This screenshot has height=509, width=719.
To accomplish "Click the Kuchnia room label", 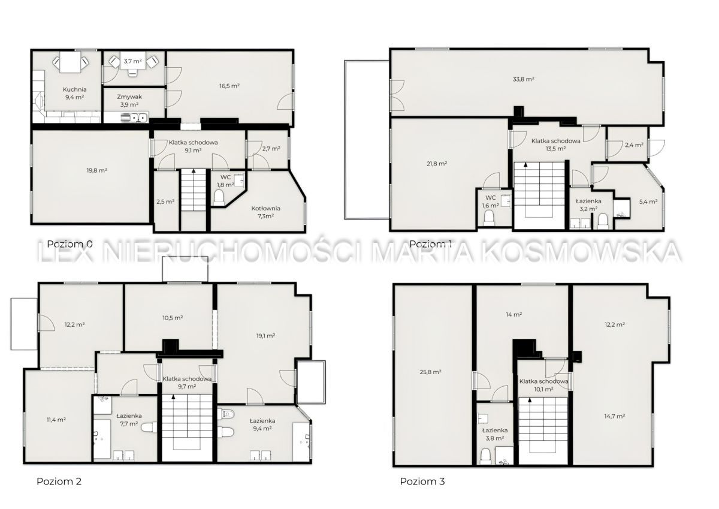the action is (74, 89).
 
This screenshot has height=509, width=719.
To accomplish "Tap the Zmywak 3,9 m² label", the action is (129, 101).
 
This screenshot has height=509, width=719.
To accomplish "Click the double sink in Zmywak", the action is (135, 118).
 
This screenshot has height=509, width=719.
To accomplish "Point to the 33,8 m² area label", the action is (523, 79).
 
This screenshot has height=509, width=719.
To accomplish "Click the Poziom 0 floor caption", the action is (70, 244).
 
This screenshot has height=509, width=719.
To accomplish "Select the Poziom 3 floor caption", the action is (422, 481).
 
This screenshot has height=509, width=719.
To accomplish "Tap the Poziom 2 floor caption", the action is (59, 481).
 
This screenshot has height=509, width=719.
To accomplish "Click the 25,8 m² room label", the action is (430, 372).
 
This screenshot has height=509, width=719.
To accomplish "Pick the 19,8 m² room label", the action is (97, 170).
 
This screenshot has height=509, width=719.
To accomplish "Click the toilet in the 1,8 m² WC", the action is (219, 197).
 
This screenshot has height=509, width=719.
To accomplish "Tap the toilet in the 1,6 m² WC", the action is (489, 218).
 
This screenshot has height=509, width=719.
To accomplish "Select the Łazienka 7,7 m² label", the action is (129, 420).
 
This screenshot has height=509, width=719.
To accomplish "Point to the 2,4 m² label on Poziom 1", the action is (635, 145).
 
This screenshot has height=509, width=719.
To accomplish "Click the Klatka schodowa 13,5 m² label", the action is (556, 145).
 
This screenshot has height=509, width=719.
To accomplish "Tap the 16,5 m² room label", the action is (230, 86).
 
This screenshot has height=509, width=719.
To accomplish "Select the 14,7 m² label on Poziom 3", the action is (615, 416).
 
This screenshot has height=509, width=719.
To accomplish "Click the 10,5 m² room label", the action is (173, 318).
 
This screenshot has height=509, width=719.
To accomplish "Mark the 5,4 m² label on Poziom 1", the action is (648, 201).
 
